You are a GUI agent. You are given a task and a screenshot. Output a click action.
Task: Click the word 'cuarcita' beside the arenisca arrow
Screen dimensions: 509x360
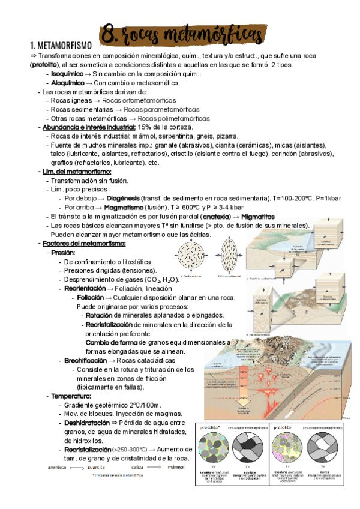[x=103, y=466]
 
